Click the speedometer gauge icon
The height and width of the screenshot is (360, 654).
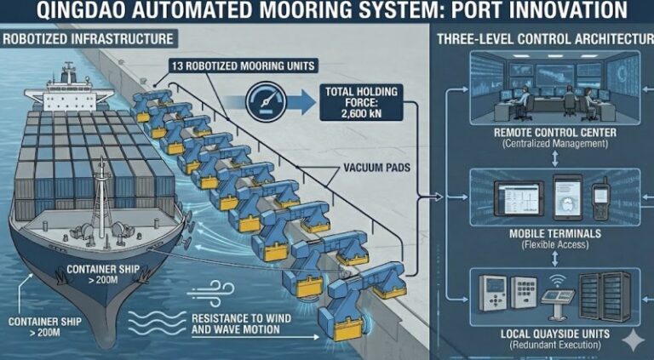[264, 101]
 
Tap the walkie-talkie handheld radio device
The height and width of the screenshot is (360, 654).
[600, 197]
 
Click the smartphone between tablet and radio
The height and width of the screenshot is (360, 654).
[565, 197]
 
